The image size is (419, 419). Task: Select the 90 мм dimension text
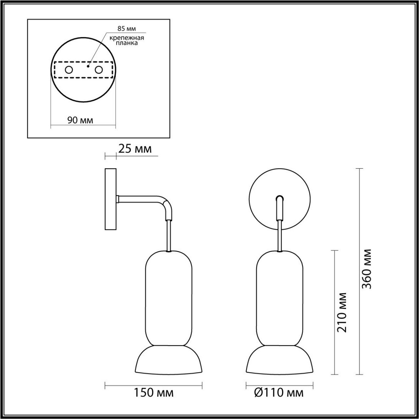point(80,120)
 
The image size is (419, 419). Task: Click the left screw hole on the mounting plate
point(69,70)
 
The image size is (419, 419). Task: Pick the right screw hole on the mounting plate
point(99,70)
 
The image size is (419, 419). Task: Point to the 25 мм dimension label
point(135,149)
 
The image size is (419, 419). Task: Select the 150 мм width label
point(154,393)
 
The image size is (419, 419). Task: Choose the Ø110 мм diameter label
point(279,393)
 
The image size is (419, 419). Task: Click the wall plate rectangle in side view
point(110,199)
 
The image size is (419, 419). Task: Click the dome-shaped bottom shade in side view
point(168,360)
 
